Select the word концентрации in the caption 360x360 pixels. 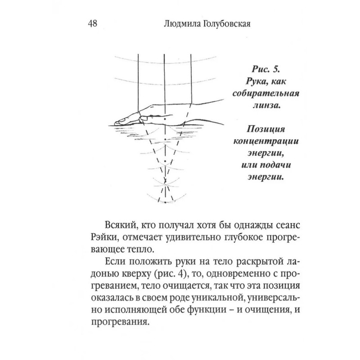(264, 142)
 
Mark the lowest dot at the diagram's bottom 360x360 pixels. (165, 203)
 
